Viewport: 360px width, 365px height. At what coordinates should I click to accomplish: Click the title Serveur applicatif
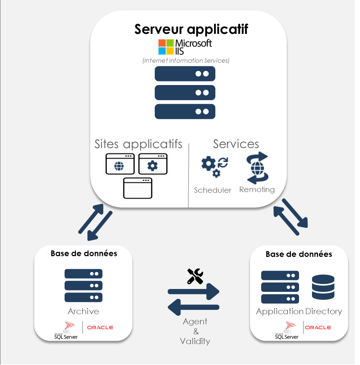pyautogui.click(x=191, y=29)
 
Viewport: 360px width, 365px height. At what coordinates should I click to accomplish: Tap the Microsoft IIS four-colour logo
pyautogui.click(x=166, y=47)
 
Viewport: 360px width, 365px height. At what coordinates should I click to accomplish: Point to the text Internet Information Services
pyautogui.click(x=186, y=61)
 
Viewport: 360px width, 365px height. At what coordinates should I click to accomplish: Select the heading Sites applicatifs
pyautogui.click(x=139, y=144)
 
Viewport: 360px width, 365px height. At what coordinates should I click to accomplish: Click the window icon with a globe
pyautogui.click(x=120, y=164)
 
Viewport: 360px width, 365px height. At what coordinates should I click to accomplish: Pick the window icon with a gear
pyautogui.click(x=153, y=164)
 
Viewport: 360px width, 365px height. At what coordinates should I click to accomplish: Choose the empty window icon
pyautogui.click(x=137, y=188)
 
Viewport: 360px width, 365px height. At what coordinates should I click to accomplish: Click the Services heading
pyautogui.click(x=236, y=144)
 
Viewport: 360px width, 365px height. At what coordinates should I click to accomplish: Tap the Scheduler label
pyautogui.click(x=212, y=190)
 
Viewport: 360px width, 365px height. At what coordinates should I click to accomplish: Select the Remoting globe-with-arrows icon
pyautogui.click(x=257, y=168)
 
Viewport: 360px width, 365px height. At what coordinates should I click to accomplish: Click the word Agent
pyautogui.click(x=195, y=321)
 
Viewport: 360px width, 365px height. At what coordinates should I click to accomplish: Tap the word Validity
pyautogui.click(x=195, y=341)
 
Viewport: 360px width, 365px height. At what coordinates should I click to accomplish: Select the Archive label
pyautogui.click(x=83, y=311)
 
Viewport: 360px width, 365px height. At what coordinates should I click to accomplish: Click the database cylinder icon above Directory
pyautogui.click(x=323, y=287)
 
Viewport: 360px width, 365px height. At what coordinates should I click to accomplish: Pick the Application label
pyautogui.click(x=280, y=311)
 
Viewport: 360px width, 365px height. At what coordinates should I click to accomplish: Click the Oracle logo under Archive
pyautogui.click(x=100, y=328)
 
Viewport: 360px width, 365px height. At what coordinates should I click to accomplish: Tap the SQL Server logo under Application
pyautogui.click(x=287, y=330)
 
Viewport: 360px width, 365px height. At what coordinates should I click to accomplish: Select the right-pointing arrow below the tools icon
pyautogui.click(x=194, y=291)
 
